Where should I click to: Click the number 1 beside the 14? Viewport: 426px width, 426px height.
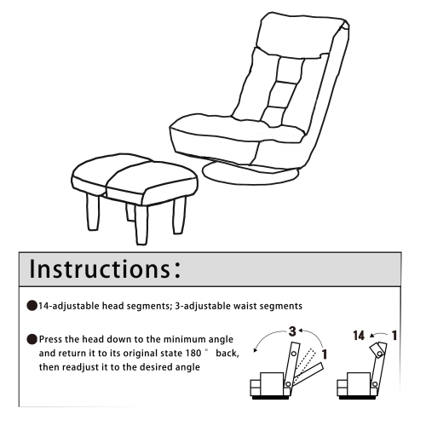point(398,325)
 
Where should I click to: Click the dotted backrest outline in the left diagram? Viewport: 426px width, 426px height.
point(298,357)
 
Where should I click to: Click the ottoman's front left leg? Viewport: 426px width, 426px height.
point(93,216)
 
